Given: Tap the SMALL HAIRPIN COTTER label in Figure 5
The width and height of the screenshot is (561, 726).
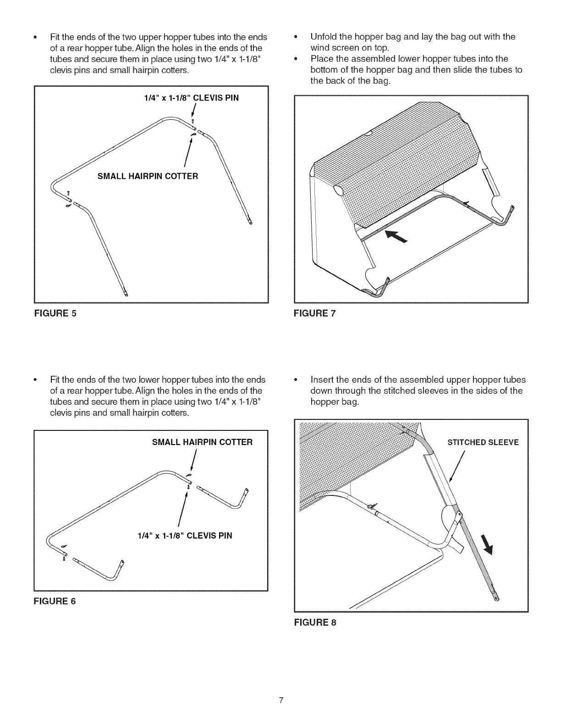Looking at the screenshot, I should [148, 176].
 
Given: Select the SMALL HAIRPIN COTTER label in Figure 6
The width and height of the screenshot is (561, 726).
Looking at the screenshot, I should [202, 442].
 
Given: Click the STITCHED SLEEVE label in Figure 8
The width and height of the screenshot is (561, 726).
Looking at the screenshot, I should [483, 442].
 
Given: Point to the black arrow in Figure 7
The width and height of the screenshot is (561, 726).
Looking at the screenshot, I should [396, 237].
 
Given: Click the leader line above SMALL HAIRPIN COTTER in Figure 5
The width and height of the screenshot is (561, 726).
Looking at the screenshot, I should [187, 154].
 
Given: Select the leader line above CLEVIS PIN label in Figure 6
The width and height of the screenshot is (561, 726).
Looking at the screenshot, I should [183, 509].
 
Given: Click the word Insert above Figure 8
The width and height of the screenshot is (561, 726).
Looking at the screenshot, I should [321, 380].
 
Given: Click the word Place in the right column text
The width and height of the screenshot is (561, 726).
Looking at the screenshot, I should [321, 59].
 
